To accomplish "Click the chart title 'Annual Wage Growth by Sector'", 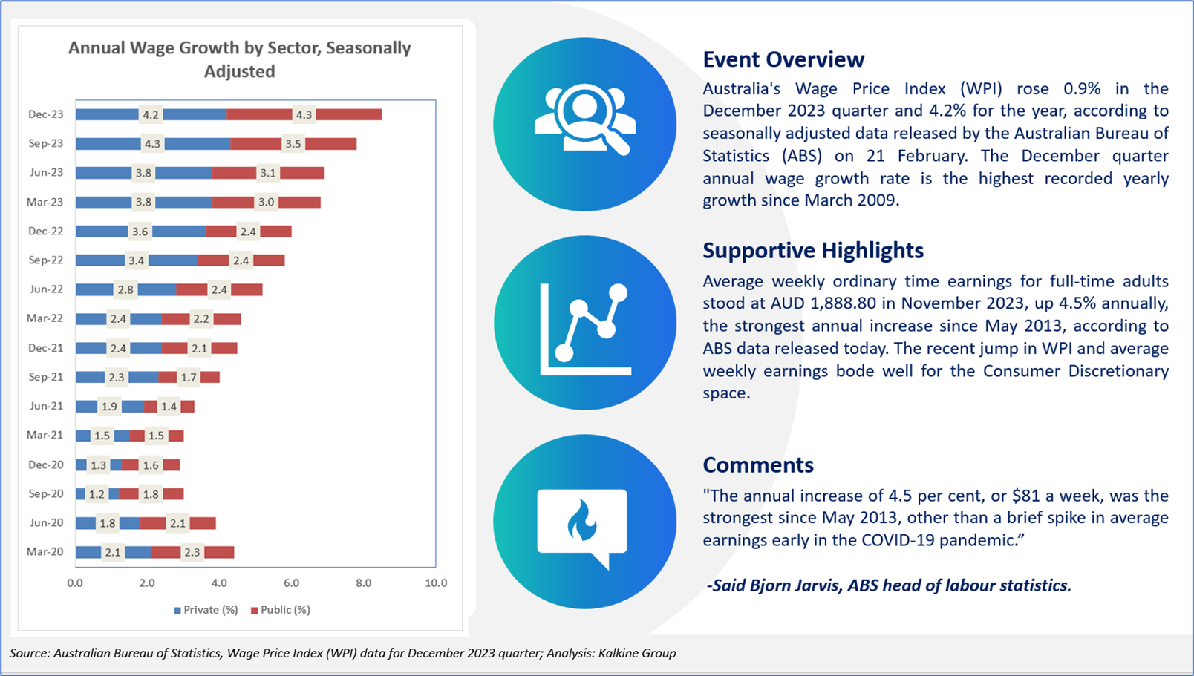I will pyautogui.click(x=239, y=59).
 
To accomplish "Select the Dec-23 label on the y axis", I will pyautogui.click(x=46, y=114).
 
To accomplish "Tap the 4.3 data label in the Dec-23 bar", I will pyautogui.click(x=304, y=115).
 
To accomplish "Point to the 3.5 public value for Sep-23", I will pyautogui.click(x=293, y=144).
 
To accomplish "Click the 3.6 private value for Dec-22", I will pyautogui.click(x=140, y=232).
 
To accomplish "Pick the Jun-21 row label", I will pyautogui.click(x=46, y=406).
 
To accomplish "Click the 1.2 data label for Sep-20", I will pyautogui.click(x=97, y=494).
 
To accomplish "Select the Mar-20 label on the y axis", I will pyautogui.click(x=45, y=551).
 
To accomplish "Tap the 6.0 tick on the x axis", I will pyautogui.click(x=291, y=583).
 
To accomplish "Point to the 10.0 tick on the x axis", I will pyautogui.click(x=436, y=583).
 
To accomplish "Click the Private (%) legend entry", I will pyautogui.click(x=206, y=610).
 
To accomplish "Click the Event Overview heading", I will pyautogui.click(x=783, y=59).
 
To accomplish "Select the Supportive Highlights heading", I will pyautogui.click(x=813, y=251).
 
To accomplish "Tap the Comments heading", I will pyautogui.click(x=758, y=465).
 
